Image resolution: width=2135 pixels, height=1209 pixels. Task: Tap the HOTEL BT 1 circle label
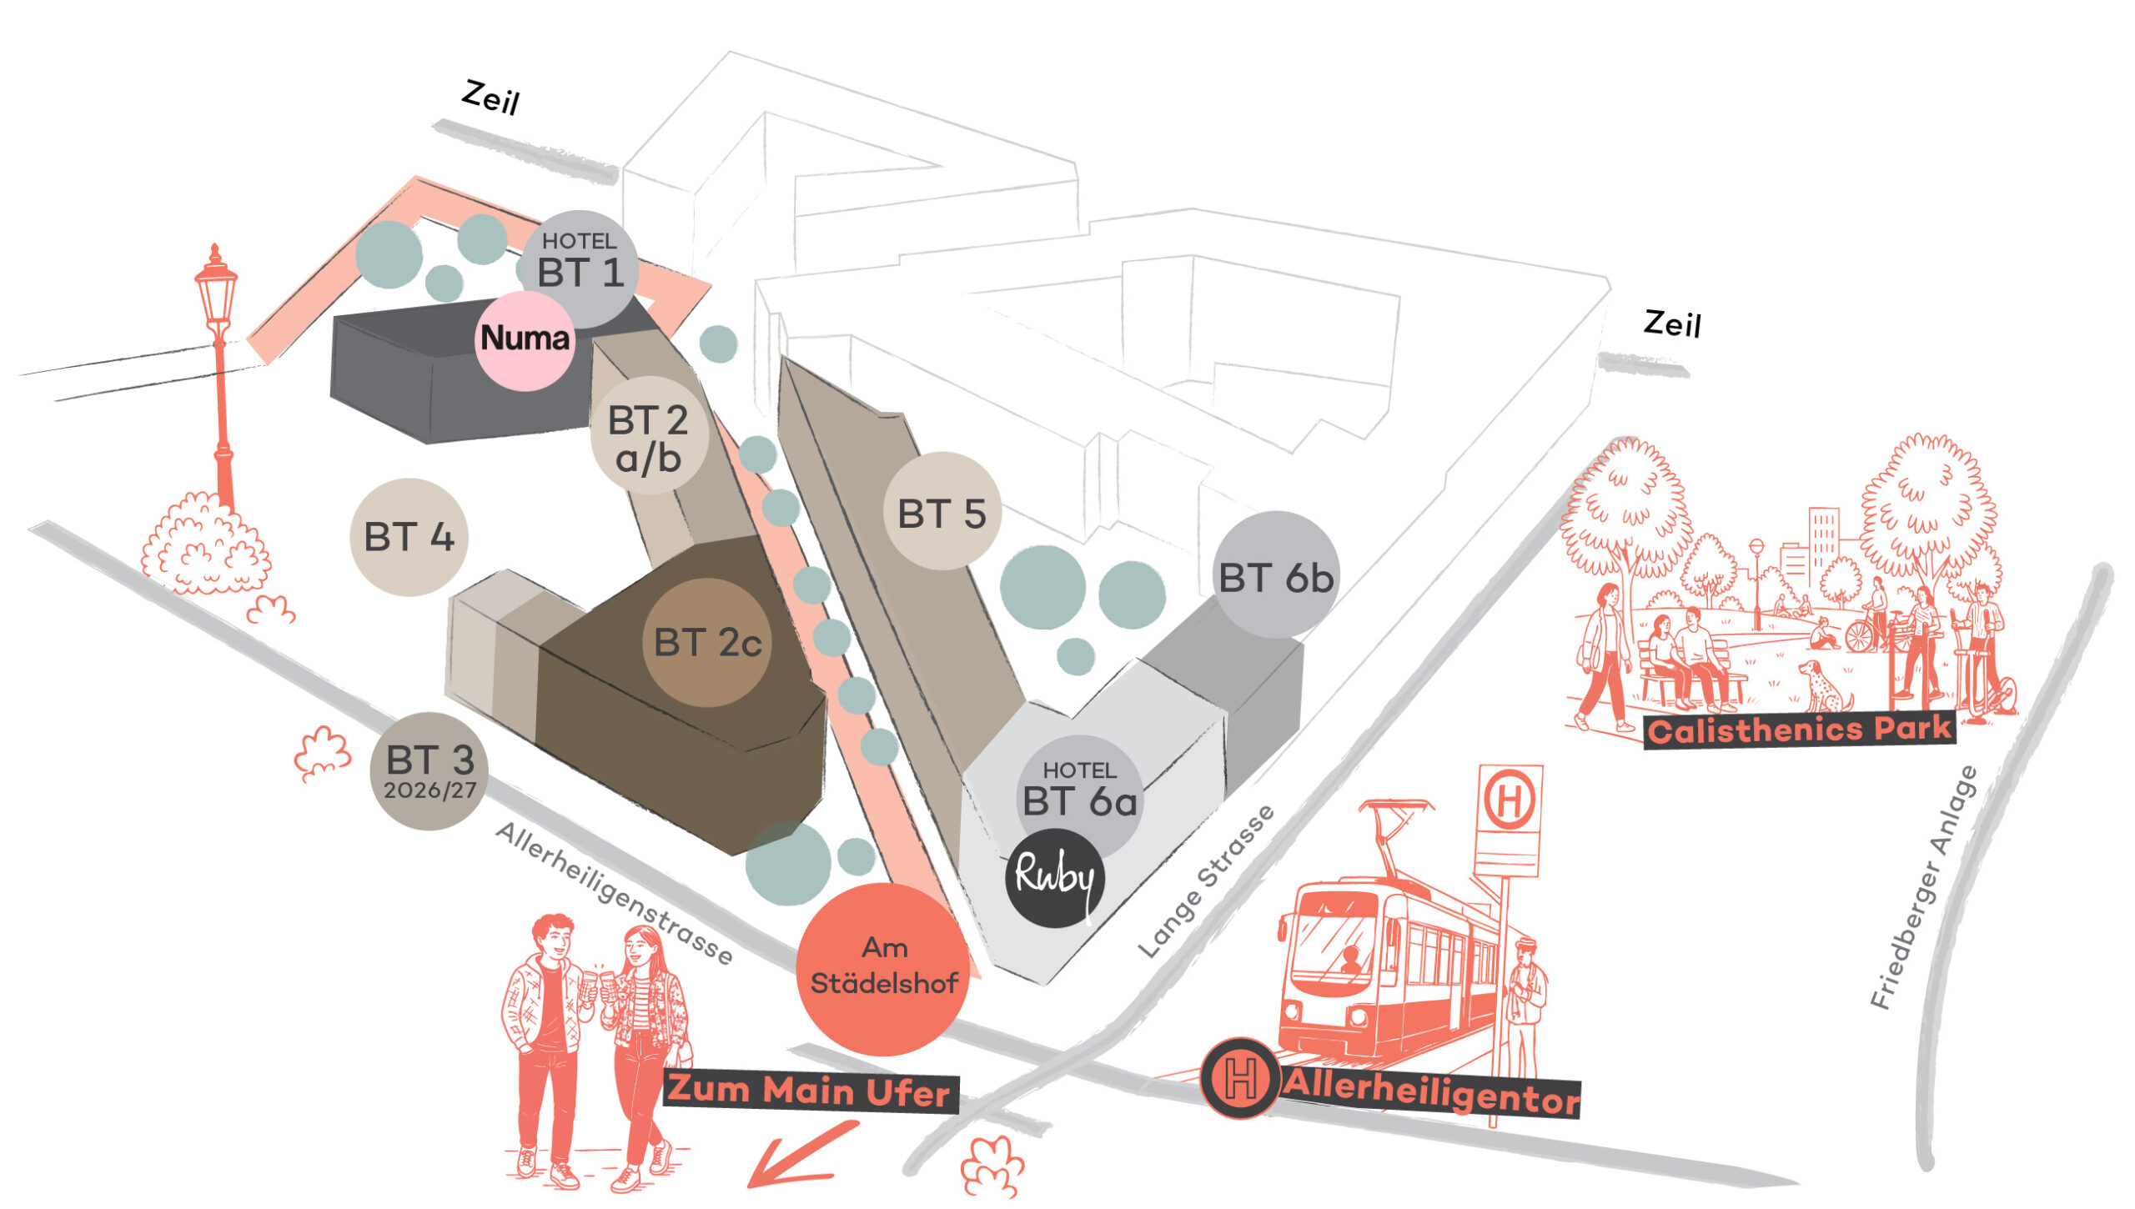[580, 267]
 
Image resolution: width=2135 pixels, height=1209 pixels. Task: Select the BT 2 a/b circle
[649, 436]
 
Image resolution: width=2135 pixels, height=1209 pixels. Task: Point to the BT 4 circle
[409, 537]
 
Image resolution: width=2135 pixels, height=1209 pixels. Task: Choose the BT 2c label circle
[707, 643]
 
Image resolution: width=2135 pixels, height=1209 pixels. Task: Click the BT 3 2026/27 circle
[430, 771]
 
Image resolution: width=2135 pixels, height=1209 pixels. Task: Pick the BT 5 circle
[942, 512]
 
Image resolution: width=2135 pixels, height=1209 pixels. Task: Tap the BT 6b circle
[1275, 575]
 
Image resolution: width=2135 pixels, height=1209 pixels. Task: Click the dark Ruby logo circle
[1055, 878]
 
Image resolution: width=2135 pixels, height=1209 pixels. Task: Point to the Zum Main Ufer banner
[810, 1091]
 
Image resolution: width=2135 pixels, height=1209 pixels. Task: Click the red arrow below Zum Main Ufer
[796, 1155]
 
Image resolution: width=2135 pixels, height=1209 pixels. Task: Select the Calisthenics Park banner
[1799, 730]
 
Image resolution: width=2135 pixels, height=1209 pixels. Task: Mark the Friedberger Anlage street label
[1923, 888]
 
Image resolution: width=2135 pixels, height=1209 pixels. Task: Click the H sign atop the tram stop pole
[1510, 800]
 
